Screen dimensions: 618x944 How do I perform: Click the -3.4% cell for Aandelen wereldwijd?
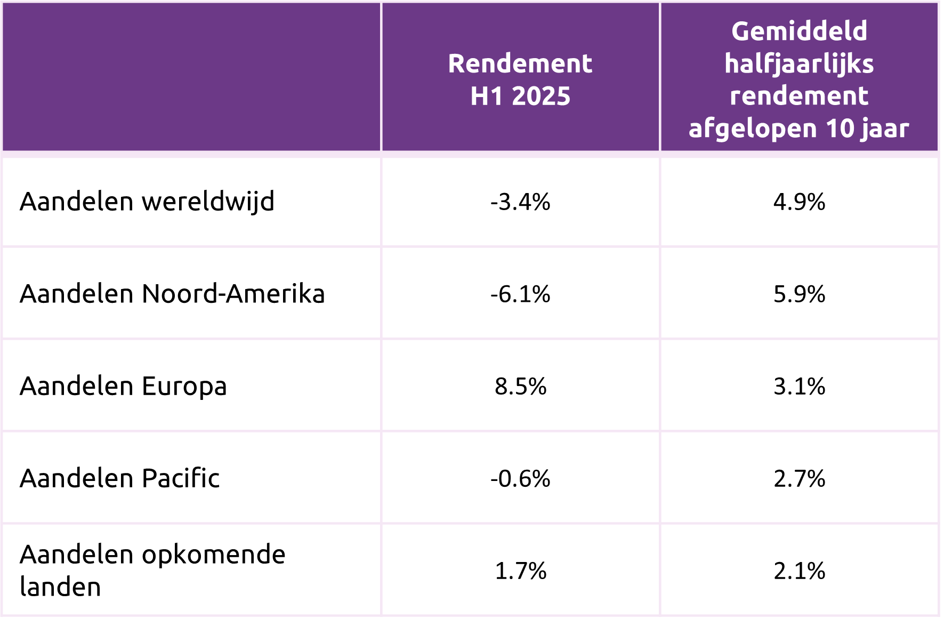pyautogui.click(x=520, y=202)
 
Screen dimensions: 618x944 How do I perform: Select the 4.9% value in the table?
pyautogui.click(x=799, y=202)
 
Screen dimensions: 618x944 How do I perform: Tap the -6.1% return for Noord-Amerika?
pyautogui.click(x=520, y=294)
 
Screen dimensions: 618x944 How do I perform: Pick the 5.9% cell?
pyautogui.click(x=799, y=294)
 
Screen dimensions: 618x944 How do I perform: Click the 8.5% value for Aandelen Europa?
pyautogui.click(x=520, y=387)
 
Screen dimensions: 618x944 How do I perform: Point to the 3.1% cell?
pyautogui.click(x=799, y=387)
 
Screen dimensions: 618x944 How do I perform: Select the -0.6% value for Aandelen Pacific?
pyautogui.click(x=520, y=479)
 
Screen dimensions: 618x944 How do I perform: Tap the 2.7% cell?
pyautogui.click(x=799, y=479)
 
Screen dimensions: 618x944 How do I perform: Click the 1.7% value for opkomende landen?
pyautogui.click(x=520, y=571)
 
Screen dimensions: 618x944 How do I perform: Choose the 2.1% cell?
pyautogui.click(x=799, y=571)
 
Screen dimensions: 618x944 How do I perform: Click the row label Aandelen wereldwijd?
pyautogui.click(x=147, y=202)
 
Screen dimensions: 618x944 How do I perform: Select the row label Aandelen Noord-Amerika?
pyautogui.click(x=172, y=294)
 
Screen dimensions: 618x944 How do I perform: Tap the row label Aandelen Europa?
pyautogui.click(x=123, y=387)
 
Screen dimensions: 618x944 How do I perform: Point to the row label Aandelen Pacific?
pyautogui.click(x=119, y=479)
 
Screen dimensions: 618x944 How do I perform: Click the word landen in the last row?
pyautogui.click(x=60, y=587)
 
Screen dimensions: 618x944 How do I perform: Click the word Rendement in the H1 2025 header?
pyautogui.click(x=520, y=64)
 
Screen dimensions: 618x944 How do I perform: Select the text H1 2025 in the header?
pyautogui.click(x=520, y=97)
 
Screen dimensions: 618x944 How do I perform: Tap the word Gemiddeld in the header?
pyautogui.click(x=799, y=31)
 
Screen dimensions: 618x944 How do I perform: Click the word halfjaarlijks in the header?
pyautogui.click(x=799, y=64)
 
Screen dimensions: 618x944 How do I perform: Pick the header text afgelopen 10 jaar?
pyautogui.click(x=799, y=129)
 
